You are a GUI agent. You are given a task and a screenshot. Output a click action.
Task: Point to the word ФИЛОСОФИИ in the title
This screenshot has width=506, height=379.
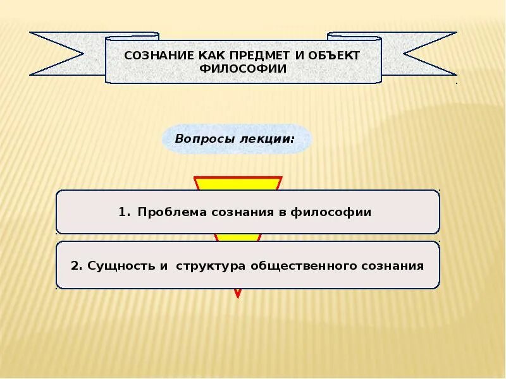pyautogui.click(x=243, y=68)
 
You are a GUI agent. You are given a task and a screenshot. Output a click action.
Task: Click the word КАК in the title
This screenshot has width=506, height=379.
pyautogui.click(x=192, y=55)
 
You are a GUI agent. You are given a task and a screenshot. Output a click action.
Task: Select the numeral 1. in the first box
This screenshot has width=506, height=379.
pyautogui.click(x=123, y=212)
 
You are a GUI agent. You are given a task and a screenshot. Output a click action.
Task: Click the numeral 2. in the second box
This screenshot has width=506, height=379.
pyautogui.click(x=77, y=265)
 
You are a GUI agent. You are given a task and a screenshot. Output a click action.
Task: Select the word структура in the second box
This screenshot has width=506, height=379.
pyautogui.click(x=208, y=265)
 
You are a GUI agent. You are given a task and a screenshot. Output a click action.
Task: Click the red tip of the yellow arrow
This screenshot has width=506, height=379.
pyautogui.click(x=238, y=293)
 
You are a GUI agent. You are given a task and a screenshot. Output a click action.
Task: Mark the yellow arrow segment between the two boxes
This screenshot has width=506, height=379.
pyautogui.click(x=238, y=238)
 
